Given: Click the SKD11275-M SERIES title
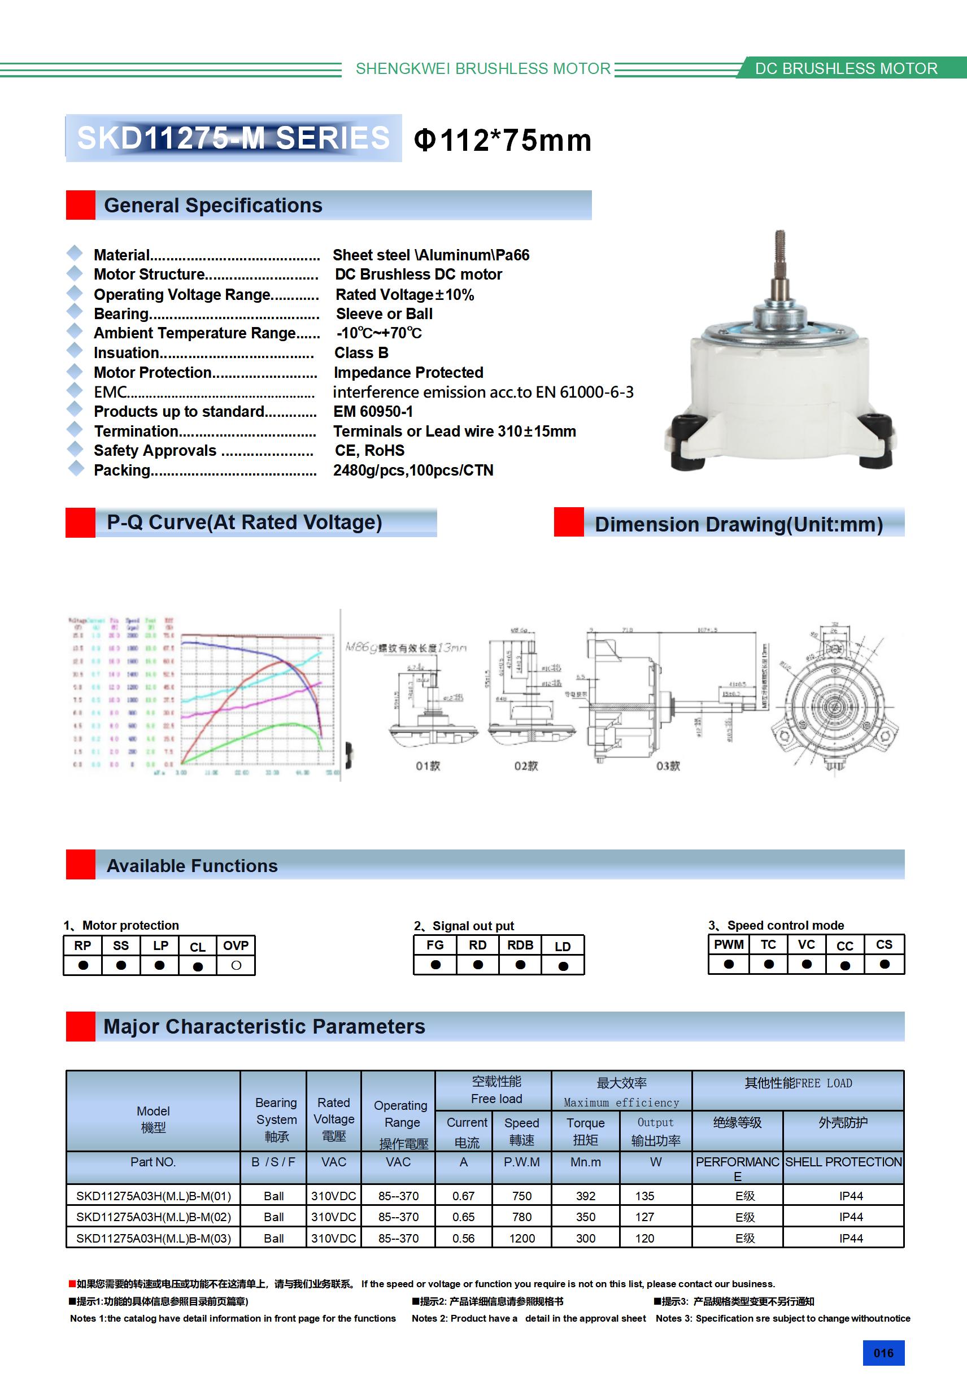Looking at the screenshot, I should (x=233, y=138).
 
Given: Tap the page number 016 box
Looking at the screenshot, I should (x=883, y=1353).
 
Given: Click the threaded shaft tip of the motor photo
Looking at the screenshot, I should (x=780, y=242).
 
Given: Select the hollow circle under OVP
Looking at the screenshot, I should (x=236, y=966).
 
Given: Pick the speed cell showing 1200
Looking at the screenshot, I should (x=521, y=1238).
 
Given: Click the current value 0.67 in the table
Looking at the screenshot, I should (x=463, y=1196).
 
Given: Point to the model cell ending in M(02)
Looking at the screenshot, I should (x=153, y=1217).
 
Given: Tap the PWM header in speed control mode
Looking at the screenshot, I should (x=729, y=944).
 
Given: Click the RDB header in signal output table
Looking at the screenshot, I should (x=520, y=945).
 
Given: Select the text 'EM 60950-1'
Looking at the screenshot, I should (x=373, y=412).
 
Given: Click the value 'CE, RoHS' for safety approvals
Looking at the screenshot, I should (x=369, y=450).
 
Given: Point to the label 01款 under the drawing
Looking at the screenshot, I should (x=428, y=766).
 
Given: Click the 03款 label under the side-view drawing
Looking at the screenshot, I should (x=668, y=766).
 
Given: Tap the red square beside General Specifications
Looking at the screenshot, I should (x=81, y=205).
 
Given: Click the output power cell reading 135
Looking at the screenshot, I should (x=644, y=1196).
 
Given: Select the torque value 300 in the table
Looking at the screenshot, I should (x=586, y=1238).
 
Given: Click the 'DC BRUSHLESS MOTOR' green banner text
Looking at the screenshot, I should (x=846, y=68).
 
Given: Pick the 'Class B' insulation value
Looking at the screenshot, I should (x=361, y=353).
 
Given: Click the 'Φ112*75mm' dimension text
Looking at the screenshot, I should (x=502, y=141).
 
